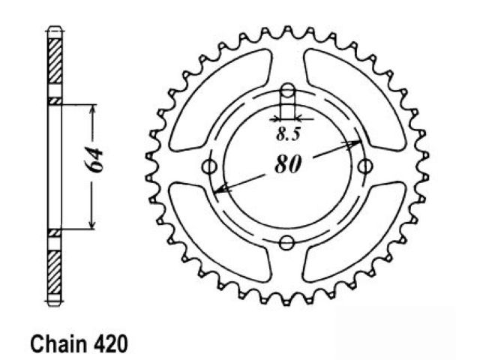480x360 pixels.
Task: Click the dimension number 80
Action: [x=288, y=164]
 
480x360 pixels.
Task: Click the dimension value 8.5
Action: [x=288, y=134]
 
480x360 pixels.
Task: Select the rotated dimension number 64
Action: [x=93, y=160]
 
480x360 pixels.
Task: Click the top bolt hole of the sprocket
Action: [x=287, y=91]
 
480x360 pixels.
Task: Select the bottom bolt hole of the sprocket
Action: [x=286, y=243]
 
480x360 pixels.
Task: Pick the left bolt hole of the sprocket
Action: [x=210, y=166]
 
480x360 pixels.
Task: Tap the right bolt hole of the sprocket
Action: [x=365, y=166]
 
